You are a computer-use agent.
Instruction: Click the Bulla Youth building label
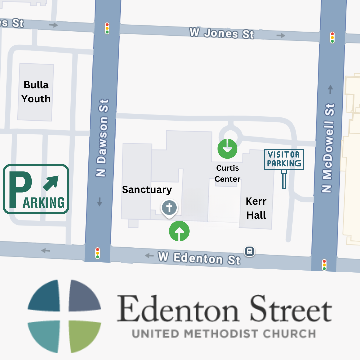point(36,92)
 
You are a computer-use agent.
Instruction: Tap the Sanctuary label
point(147,189)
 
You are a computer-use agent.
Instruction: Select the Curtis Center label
point(227,173)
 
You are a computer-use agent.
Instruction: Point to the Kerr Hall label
point(256,208)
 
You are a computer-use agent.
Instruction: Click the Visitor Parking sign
point(284,160)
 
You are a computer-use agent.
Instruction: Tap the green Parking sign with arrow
point(36,189)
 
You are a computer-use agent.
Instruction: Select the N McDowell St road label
point(328,149)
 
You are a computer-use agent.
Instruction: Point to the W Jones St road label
point(222,33)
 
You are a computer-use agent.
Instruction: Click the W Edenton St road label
point(199,258)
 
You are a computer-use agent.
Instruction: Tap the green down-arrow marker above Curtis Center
point(227,148)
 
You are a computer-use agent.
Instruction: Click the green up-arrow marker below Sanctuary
point(179,231)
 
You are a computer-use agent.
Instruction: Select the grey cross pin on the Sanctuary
point(169,208)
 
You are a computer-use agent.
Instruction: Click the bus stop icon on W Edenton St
point(249,251)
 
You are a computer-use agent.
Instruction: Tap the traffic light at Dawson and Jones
point(107,28)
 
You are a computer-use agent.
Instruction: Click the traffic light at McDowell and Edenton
point(324,265)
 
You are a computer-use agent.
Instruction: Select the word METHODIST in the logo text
point(224,333)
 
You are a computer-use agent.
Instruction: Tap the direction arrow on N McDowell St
point(330,89)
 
